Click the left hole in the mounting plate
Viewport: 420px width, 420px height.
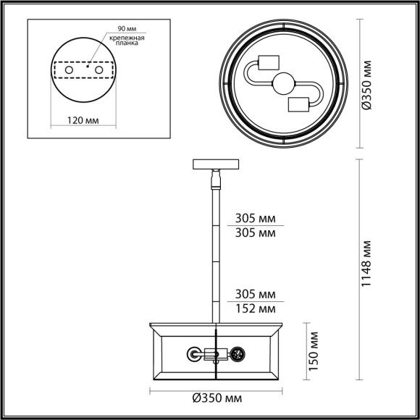[x=70, y=70]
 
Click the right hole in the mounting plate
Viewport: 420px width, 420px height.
[x=98, y=70]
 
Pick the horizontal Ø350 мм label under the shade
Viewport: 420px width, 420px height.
[x=217, y=398]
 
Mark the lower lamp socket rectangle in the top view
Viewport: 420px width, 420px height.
[x=299, y=104]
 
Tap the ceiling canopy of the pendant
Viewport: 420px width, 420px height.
[x=215, y=164]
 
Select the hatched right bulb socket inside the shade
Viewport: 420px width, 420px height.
[x=237, y=354]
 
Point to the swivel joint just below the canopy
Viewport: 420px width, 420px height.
[x=215, y=177]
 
